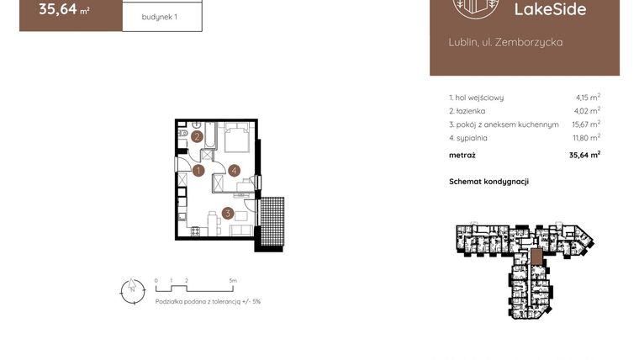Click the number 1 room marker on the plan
tap(198, 171)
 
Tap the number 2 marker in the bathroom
tap(197, 136)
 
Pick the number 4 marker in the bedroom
tap(234, 171)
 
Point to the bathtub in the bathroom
tap(210, 139)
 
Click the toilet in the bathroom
tap(182, 135)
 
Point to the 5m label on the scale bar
tap(233, 280)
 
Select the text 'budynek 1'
tap(161, 16)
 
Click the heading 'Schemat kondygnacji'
tap(488, 181)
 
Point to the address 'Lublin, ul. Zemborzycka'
tap(506, 41)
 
